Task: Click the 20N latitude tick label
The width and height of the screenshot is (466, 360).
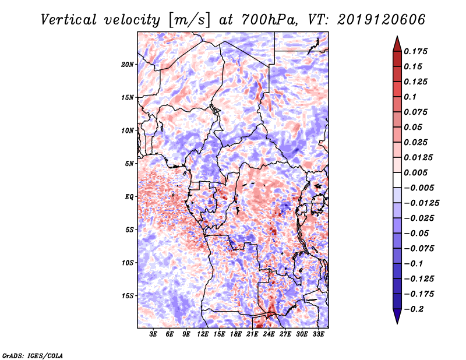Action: (x=128, y=64)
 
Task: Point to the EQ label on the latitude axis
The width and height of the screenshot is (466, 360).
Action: (x=129, y=196)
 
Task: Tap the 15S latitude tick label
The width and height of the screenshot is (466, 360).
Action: (x=128, y=295)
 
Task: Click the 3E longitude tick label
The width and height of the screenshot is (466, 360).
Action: (x=154, y=334)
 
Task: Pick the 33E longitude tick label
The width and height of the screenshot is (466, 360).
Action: (x=318, y=334)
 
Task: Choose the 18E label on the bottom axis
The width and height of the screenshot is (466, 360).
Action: (x=236, y=334)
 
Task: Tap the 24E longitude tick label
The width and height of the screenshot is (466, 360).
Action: (x=269, y=334)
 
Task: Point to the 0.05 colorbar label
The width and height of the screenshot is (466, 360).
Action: (x=414, y=127)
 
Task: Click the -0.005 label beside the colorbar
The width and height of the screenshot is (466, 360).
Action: (x=419, y=188)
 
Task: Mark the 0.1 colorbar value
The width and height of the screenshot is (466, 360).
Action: (x=411, y=97)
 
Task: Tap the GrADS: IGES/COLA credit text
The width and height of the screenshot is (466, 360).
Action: (x=32, y=355)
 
